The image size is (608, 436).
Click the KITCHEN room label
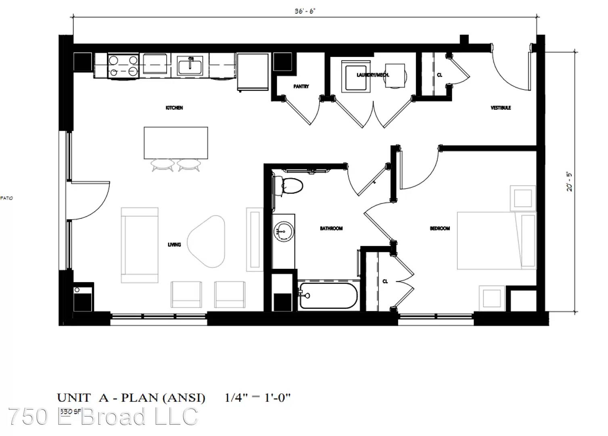click(x=174, y=108)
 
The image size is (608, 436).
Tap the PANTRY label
click(x=301, y=86)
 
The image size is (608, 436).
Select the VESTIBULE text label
click(x=501, y=108)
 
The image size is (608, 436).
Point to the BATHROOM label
click(x=331, y=228)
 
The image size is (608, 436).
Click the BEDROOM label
click(x=440, y=228)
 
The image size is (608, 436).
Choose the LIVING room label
click(x=174, y=245)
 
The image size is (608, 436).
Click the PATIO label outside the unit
click(x=6, y=198)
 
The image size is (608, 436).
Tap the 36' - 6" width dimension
click(x=305, y=11)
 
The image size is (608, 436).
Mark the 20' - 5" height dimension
click(x=569, y=182)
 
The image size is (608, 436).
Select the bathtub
click(x=328, y=296)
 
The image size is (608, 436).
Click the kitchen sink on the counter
click(x=190, y=65)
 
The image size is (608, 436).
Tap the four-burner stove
click(x=123, y=66)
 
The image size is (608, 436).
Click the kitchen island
click(x=176, y=143)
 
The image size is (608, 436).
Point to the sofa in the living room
click(x=140, y=245)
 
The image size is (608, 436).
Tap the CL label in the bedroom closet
click(x=385, y=281)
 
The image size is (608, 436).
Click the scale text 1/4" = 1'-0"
click(x=257, y=398)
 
